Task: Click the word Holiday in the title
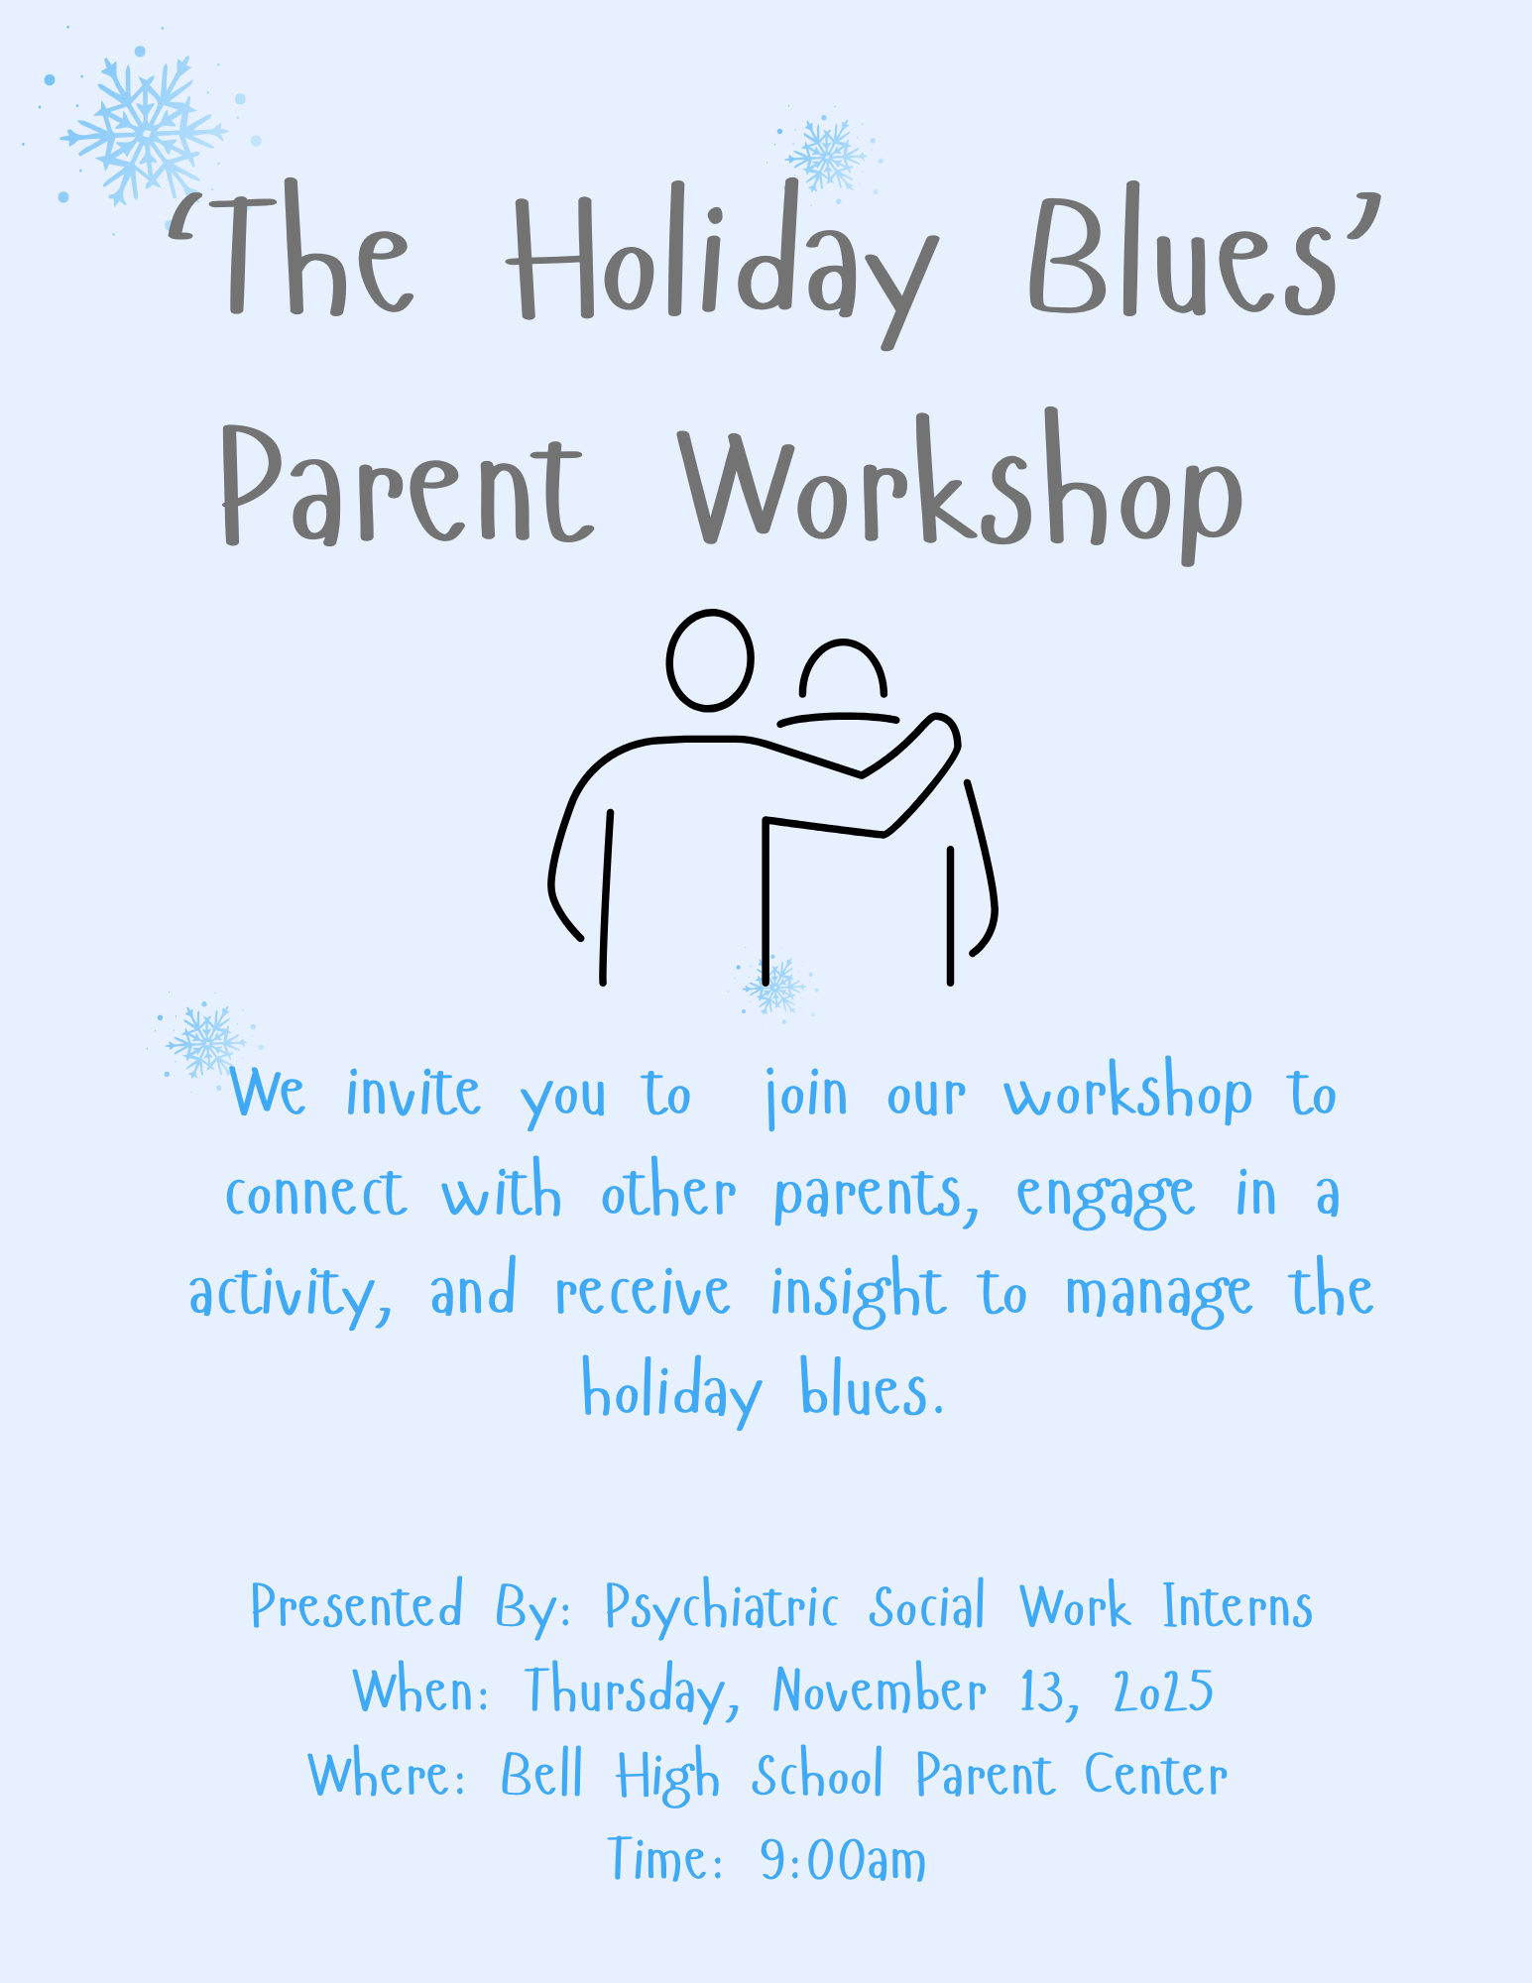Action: (x=722, y=262)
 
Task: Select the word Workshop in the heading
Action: (x=961, y=486)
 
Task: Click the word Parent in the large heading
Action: (x=408, y=487)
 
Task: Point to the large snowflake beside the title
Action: (x=145, y=131)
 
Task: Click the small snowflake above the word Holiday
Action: (x=825, y=156)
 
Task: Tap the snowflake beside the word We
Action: (x=205, y=1040)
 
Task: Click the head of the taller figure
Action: (x=710, y=659)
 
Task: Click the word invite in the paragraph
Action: (x=413, y=1094)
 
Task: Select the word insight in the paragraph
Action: (x=858, y=1291)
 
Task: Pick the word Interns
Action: (x=1238, y=1606)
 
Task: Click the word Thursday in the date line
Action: (x=633, y=1691)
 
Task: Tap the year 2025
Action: (x=1164, y=1691)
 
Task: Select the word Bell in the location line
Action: (x=541, y=1774)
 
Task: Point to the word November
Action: (x=880, y=1690)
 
